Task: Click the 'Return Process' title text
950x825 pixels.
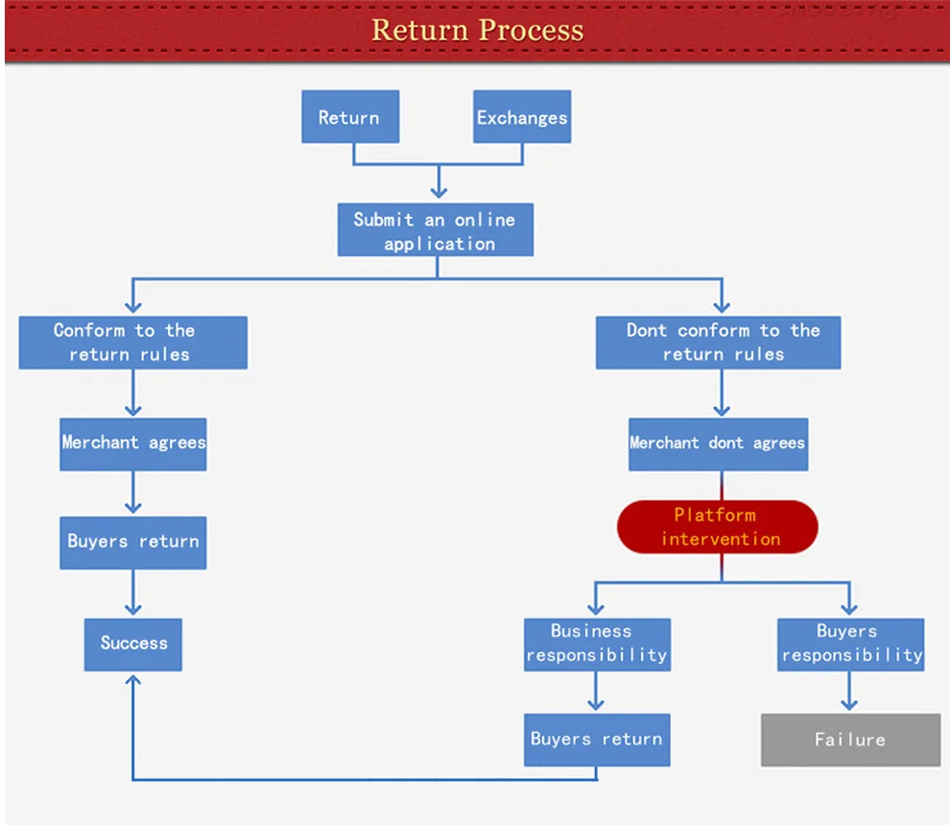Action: click(478, 30)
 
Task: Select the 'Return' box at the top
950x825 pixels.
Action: click(350, 116)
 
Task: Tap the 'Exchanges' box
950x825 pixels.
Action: click(522, 116)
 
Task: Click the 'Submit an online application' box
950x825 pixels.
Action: click(436, 229)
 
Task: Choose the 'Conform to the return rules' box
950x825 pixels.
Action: click(132, 342)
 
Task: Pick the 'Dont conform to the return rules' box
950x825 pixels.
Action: click(718, 342)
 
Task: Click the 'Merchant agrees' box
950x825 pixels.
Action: click(132, 444)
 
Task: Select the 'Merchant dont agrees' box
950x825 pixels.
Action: click(718, 444)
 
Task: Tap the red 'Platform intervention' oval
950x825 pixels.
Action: click(718, 527)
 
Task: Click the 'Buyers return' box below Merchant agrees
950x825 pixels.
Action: click(132, 543)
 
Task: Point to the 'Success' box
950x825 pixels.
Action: click(132, 645)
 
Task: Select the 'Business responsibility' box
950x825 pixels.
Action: click(597, 645)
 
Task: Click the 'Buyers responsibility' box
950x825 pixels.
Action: click(850, 645)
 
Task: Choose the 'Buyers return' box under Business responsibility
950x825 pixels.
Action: click(597, 740)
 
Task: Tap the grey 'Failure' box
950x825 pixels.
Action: click(850, 740)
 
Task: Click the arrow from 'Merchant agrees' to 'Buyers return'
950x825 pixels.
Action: click(132, 492)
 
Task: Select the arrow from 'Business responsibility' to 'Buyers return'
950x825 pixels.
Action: click(596, 691)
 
